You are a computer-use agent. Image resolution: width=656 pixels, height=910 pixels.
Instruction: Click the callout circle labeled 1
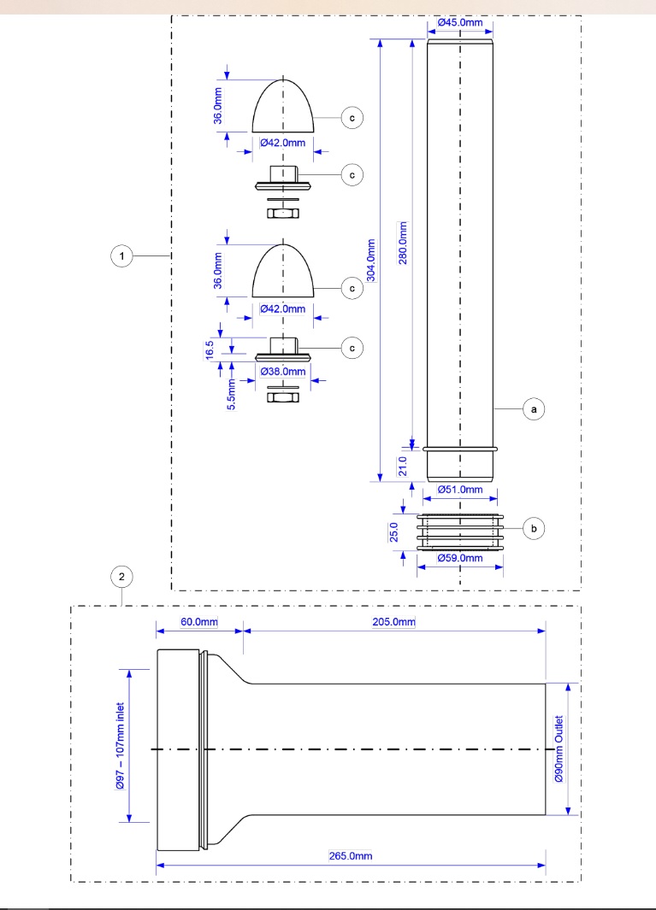coord(124,255)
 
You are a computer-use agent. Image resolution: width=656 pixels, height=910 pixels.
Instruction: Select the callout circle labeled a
coord(535,410)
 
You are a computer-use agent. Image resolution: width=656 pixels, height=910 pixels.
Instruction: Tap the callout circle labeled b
coord(535,529)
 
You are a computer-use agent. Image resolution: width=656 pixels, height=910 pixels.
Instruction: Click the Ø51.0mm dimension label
coord(461,490)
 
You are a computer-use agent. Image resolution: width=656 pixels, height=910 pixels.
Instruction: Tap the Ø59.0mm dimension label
coord(461,558)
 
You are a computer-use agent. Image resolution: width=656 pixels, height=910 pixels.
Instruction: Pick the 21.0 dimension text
coord(404,466)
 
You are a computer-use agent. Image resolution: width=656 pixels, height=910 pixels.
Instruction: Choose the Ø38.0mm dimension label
coord(283,372)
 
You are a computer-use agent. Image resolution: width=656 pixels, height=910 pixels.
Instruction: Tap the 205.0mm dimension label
coord(394,620)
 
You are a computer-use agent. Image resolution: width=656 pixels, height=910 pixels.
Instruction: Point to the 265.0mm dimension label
coord(350,855)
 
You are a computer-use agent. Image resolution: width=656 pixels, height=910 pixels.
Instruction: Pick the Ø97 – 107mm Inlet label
coord(121,747)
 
